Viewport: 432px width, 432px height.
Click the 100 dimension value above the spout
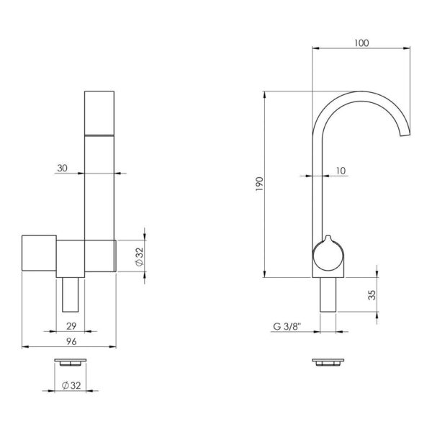click(361, 42)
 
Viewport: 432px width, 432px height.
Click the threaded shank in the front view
click(71, 292)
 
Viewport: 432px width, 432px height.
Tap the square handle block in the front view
click(40, 254)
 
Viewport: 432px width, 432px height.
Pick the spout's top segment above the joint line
click(100, 112)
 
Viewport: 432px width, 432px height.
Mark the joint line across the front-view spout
click(100, 135)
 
